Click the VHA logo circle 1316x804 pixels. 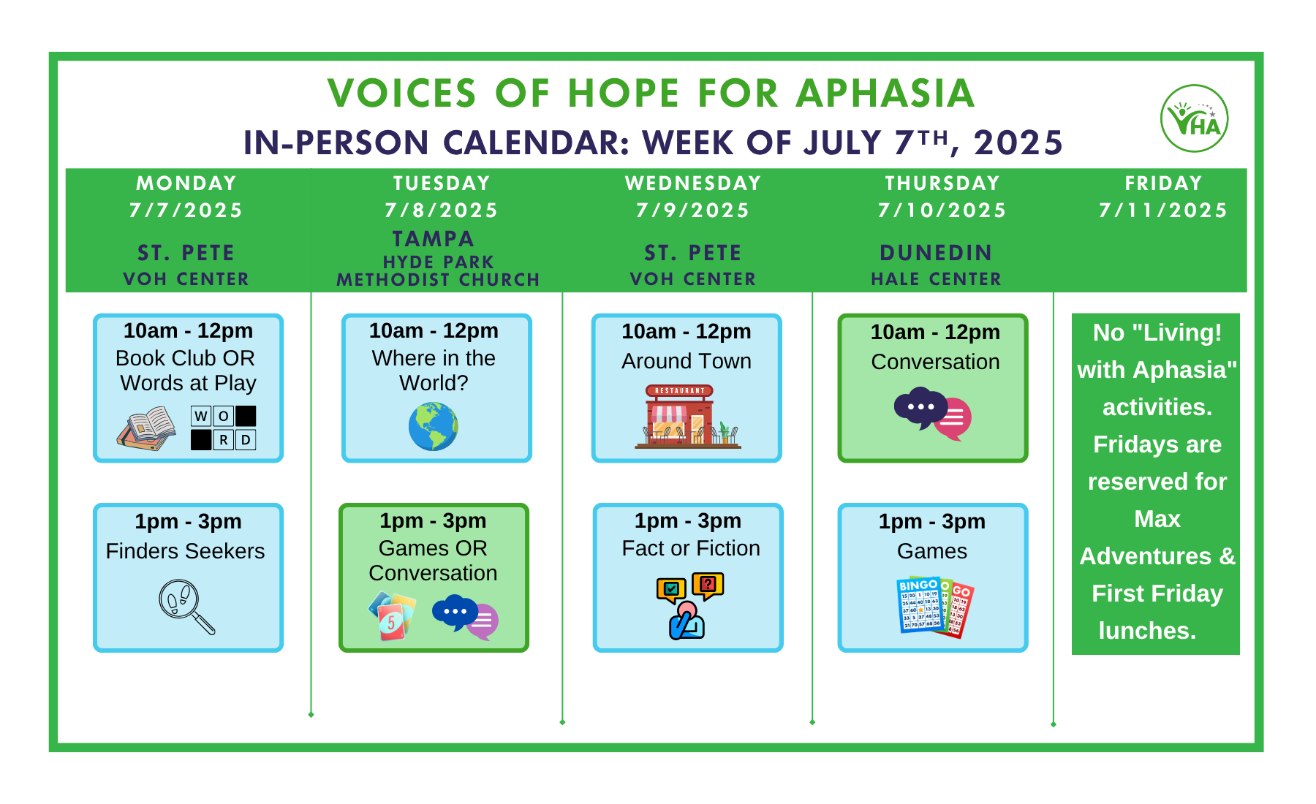point(1194,118)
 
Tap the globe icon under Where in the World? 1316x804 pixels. point(433,427)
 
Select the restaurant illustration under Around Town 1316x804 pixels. point(687,416)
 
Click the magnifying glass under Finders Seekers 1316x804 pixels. point(186,607)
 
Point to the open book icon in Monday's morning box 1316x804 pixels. point(146,428)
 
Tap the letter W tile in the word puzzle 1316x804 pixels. point(201,416)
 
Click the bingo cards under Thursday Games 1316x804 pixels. point(935,607)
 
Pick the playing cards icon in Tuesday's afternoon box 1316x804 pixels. point(392,615)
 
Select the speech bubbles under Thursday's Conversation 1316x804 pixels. point(933,414)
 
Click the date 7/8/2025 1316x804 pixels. point(442,211)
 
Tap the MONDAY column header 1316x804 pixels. point(186,183)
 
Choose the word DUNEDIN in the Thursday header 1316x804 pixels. point(936,253)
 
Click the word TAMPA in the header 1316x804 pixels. point(434,239)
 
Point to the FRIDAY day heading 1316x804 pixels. point(1163,183)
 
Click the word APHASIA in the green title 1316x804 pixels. point(885,94)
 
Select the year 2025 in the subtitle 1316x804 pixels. point(1018,143)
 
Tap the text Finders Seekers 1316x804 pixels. point(185,551)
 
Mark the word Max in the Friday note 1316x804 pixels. point(1157,519)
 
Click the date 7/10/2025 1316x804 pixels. point(942,211)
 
